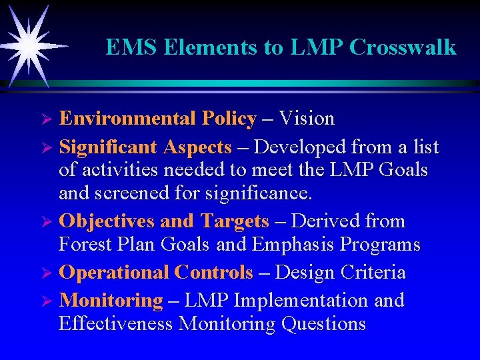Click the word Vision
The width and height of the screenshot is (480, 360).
point(307,119)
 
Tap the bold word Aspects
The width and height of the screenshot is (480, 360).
point(197,146)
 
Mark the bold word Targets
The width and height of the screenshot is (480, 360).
point(235,221)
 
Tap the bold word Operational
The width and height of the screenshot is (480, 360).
point(114,273)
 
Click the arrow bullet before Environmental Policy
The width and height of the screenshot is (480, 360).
point(46,120)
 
